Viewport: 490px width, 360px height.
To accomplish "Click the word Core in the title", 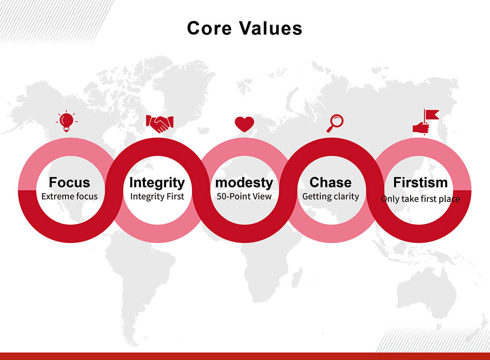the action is tap(209, 28).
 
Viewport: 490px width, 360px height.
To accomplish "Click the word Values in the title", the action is tap(271, 28).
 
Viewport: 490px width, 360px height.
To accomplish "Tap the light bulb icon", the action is tap(67, 121).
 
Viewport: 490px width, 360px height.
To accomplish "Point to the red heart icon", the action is tap(245, 124).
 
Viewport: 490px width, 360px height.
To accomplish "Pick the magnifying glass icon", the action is tap(335, 123).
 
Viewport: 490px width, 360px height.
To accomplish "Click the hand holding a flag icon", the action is tap(426, 122).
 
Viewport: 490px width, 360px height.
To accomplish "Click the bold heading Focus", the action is tap(69, 182).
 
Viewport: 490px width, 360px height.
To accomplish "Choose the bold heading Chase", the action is tap(331, 182).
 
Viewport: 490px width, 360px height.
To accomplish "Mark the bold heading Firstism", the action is tap(420, 182).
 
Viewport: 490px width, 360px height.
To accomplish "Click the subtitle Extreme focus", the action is tap(69, 197).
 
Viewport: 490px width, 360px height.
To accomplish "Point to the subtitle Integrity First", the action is tap(157, 197).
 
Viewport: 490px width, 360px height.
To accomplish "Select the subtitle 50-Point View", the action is tap(244, 197).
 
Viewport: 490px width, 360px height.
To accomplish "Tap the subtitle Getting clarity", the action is tap(331, 197).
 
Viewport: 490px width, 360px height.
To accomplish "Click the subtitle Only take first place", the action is tap(420, 199).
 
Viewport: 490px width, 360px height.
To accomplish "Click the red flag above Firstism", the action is tap(432, 114).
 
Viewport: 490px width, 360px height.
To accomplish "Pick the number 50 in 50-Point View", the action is tap(221, 197).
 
